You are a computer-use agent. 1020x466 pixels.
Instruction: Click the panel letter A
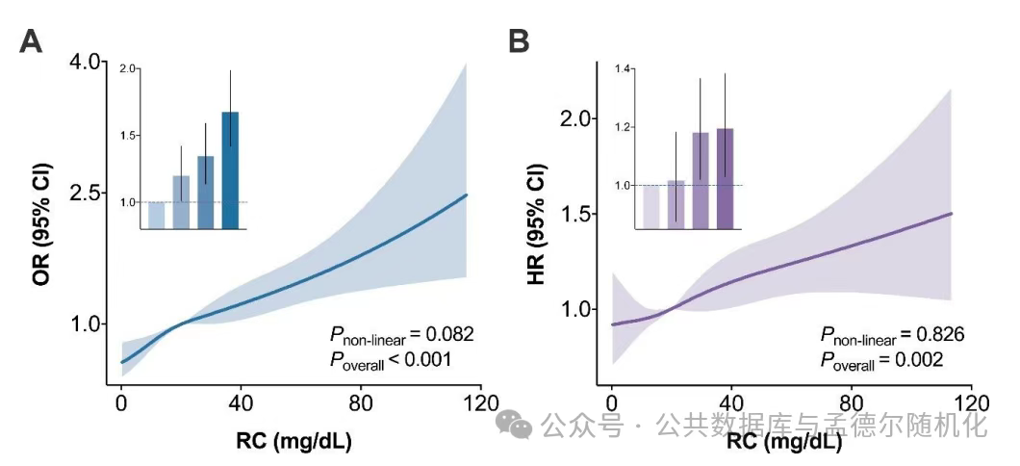tap(31, 42)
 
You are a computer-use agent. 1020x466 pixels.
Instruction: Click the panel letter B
tap(519, 42)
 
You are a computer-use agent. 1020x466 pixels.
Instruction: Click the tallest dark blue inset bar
tap(230, 170)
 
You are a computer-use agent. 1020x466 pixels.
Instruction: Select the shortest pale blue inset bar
tap(156, 216)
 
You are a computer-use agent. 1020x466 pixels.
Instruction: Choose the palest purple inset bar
tap(651, 207)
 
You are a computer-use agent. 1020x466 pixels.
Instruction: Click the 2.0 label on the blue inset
tap(129, 69)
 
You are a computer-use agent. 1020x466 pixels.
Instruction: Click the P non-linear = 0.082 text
tap(401, 335)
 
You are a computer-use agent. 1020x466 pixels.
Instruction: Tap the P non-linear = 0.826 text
tap(892, 335)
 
